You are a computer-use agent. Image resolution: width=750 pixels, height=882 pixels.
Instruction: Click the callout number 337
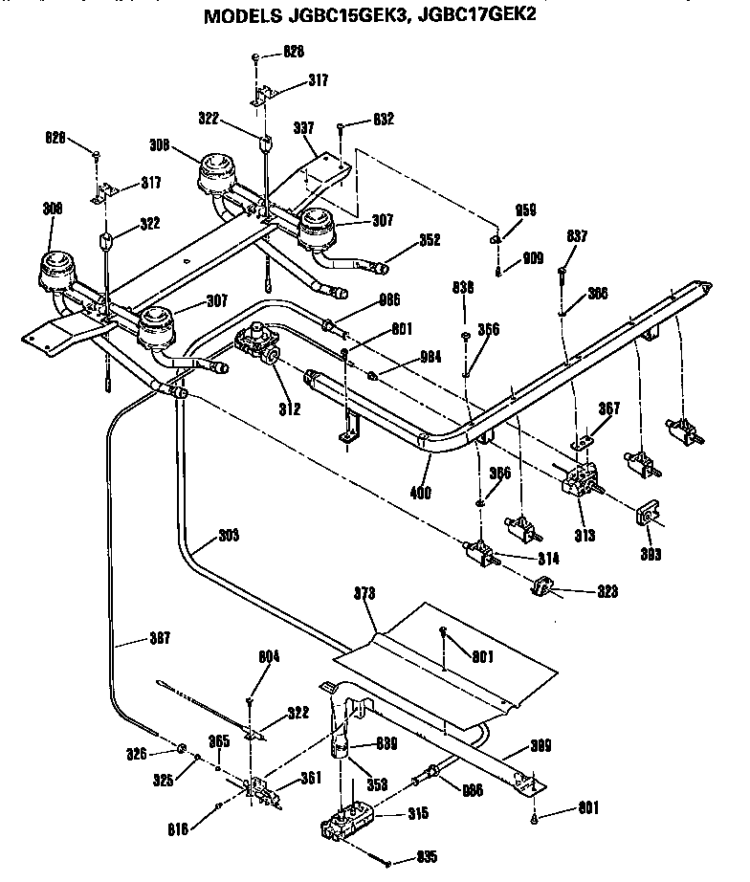(x=303, y=126)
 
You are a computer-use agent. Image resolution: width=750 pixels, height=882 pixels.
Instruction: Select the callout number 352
(x=429, y=241)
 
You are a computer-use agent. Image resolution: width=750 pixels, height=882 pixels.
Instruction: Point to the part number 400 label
(x=420, y=494)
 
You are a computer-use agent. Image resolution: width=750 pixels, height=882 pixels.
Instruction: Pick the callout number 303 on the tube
(x=228, y=536)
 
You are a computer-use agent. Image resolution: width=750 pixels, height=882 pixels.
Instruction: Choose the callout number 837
(x=577, y=236)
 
